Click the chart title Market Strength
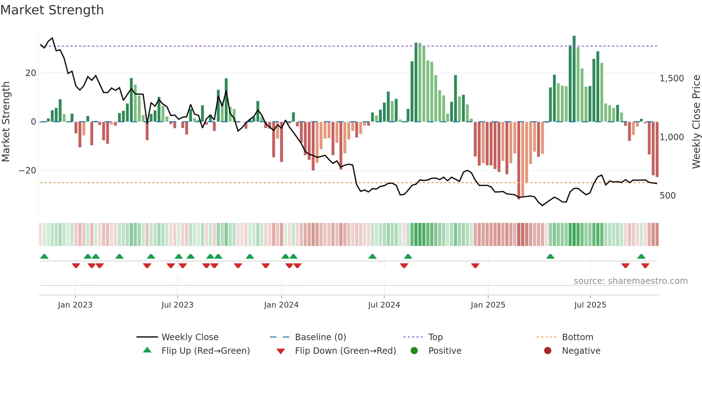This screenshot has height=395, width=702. [52, 10]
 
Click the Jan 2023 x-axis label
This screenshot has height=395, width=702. [75, 305]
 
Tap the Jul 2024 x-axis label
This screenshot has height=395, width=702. [384, 305]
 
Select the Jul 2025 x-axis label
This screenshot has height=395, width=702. [590, 305]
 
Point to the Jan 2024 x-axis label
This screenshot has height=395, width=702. [281, 305]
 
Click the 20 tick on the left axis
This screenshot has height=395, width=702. [31, 73]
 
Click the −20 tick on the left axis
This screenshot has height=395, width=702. [28, 171]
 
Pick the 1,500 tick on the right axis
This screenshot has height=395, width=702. [672, 78]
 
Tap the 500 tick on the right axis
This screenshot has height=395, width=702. [667, 196]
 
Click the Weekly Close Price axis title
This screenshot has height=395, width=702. [696, 122]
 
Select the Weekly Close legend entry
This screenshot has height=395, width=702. [189, 337]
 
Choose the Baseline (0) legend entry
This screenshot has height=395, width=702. [320, 337]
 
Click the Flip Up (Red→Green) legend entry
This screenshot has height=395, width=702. [205, 351]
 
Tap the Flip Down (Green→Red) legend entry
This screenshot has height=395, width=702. [345, 351]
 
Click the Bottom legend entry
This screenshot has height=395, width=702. [577, 337]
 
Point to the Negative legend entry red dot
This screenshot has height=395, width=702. [548, 351]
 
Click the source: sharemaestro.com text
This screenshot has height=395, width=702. [630, 281]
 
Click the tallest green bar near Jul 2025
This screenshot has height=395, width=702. [574, 79]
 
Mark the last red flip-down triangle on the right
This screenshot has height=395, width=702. [645, 266]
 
